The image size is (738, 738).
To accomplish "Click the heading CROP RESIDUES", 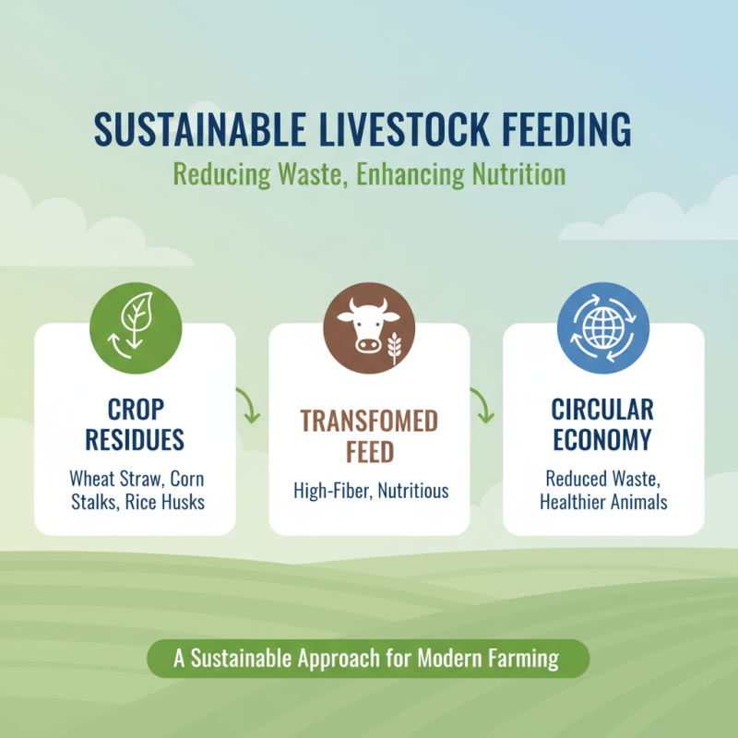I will click(x=135, y=424).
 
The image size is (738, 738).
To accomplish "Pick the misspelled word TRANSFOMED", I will click(x=369, y=422).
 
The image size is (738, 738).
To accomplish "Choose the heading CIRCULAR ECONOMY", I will click(x=603, y=424).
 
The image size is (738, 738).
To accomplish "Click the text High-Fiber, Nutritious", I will click(x=370, y=490).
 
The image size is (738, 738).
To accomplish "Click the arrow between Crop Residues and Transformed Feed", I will click(x=250, y=406).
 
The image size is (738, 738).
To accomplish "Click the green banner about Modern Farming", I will click(x=368, y=660).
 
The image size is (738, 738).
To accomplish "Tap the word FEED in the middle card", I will click(x=369, y=453).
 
